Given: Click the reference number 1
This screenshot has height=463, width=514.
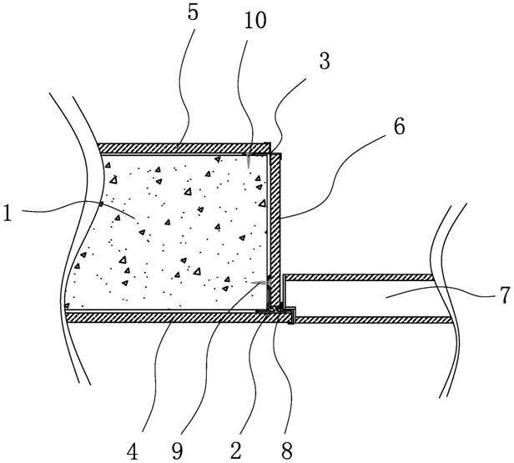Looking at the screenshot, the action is tap(7, 213).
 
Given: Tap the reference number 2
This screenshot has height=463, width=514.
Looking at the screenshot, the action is tap(236, 450).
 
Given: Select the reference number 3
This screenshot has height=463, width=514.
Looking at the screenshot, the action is tap(325, 61).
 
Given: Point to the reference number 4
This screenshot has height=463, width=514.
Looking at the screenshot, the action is tap(132, 451).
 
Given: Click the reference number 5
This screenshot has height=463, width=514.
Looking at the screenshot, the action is tap(193, 13).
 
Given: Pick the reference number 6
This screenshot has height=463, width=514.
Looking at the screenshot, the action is tap(399, 127).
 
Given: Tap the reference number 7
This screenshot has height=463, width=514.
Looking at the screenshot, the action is tap(506, 295).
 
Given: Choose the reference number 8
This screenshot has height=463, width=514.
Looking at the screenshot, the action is tap(286, 450).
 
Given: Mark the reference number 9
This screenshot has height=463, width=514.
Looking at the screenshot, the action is tap(177, 451).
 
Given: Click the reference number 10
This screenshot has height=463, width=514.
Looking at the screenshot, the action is tap(255, 21).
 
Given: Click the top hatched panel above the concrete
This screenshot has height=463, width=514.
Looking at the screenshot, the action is tap(184, 148).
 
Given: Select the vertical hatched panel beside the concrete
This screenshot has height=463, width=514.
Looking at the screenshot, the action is tap(275, 229).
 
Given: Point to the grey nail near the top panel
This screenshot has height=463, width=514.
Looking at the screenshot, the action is tap(249, 160).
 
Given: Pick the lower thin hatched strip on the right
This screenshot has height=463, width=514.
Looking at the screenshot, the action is tap(375, 320).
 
